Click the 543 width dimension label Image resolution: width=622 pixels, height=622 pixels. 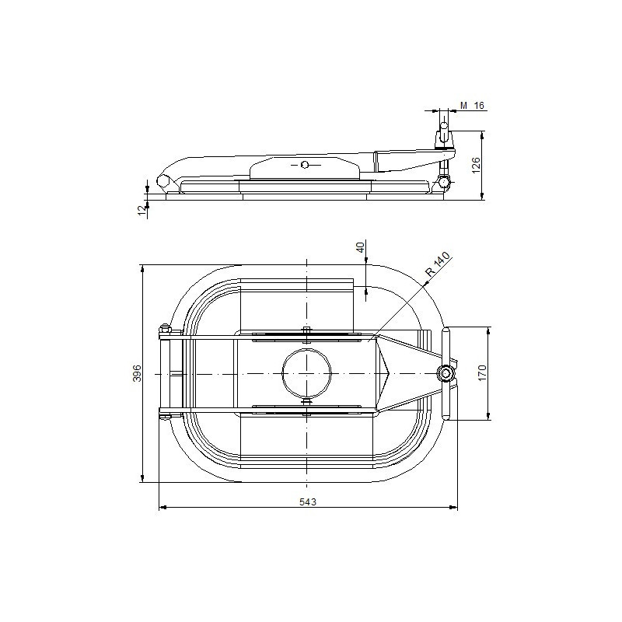[307, 501]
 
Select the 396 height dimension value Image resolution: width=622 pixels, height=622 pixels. [137, 373]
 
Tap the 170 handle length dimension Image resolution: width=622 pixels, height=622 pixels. [481, 373]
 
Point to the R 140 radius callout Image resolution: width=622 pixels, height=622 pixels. [438, 264]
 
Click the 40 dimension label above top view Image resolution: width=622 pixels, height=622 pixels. [360, 248]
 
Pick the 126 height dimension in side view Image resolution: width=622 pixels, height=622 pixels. [476, 165]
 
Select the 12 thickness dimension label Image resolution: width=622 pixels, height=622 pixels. [142, 211]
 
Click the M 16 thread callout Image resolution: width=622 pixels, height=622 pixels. [473, 106]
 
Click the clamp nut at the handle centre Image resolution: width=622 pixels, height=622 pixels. [446, 373]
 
